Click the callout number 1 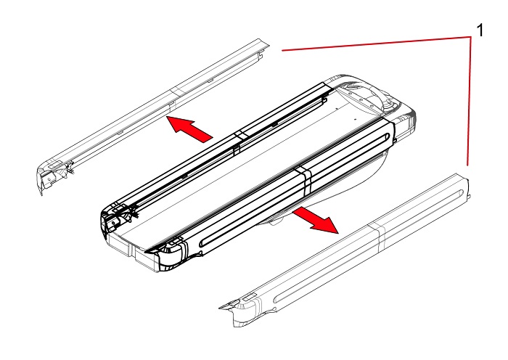[480, 30]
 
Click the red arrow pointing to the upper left [190, 128]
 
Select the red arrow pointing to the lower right [316, 221]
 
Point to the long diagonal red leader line [377, 44]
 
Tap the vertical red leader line [469, 102]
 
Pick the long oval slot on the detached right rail [369, 247]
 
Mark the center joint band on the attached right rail [305, 181]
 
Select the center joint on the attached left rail [239, 140]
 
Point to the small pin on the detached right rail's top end [470, 197]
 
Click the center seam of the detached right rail [378, 236]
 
